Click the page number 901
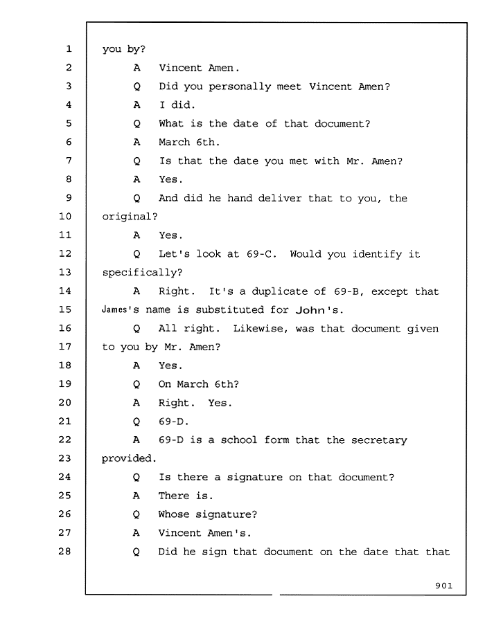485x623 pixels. pyautogui.click(x=443, y=585)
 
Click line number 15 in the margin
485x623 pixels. pyautogui.click(x=65, y=309)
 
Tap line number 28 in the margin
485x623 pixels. pyautogui.click(x=65, y=551)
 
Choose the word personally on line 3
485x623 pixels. pyautogui.click(x=240, y=87)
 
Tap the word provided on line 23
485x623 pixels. pyautogui.click(x=127, y=458)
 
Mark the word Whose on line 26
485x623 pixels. pyautogui.click(x=174, y=514)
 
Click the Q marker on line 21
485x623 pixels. pyautogui.click(x=136, y=422)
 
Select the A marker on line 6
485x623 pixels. pyautogui.click(x=136, y=142)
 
